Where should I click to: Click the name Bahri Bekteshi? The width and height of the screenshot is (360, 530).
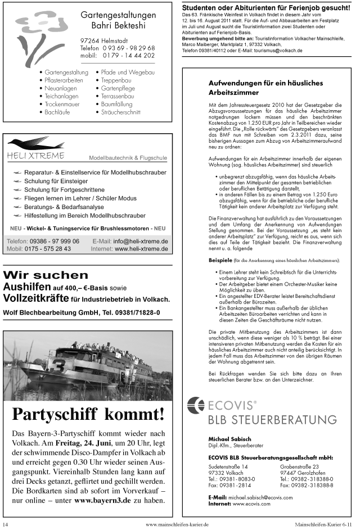[117, 26]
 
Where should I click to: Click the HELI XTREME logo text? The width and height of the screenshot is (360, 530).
[35, 156]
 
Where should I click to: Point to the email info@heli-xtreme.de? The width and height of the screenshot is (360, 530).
[141, 241]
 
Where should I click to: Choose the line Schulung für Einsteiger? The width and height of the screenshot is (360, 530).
[56, 181]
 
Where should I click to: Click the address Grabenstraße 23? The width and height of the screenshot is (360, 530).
[300, 466]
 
